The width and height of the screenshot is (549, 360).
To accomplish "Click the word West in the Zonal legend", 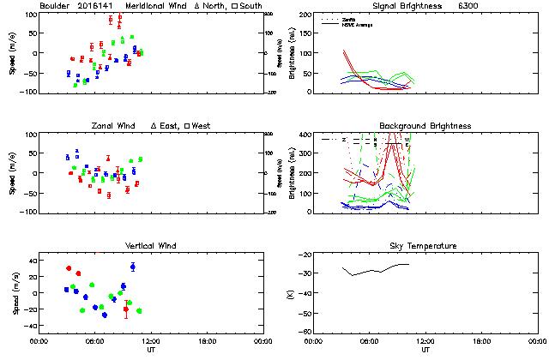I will coord(202,126).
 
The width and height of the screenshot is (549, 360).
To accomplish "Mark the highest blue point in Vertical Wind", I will coord(132,267).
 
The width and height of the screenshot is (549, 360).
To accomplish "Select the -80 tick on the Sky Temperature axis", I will coord(302,332).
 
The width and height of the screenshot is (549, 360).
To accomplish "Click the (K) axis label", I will coord(288,293).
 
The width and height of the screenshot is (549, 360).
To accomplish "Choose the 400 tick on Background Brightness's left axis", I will coord(301,135).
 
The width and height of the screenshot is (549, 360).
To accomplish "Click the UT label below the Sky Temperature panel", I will coord(425,350).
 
